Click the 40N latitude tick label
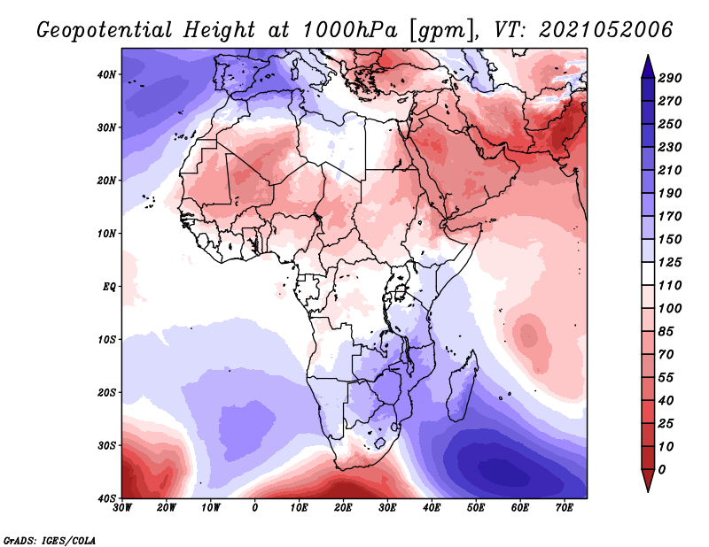coord(105,74)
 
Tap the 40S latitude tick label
coord(105,498)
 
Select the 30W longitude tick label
coord(122,508)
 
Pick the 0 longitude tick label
coord(255,508)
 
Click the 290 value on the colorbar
coord(669,79)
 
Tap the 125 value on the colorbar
coord(669,264)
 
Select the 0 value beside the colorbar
coord(662,468)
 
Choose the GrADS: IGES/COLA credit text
coord(50,539)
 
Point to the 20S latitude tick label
coord(105,392)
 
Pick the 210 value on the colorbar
coord(669,170)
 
